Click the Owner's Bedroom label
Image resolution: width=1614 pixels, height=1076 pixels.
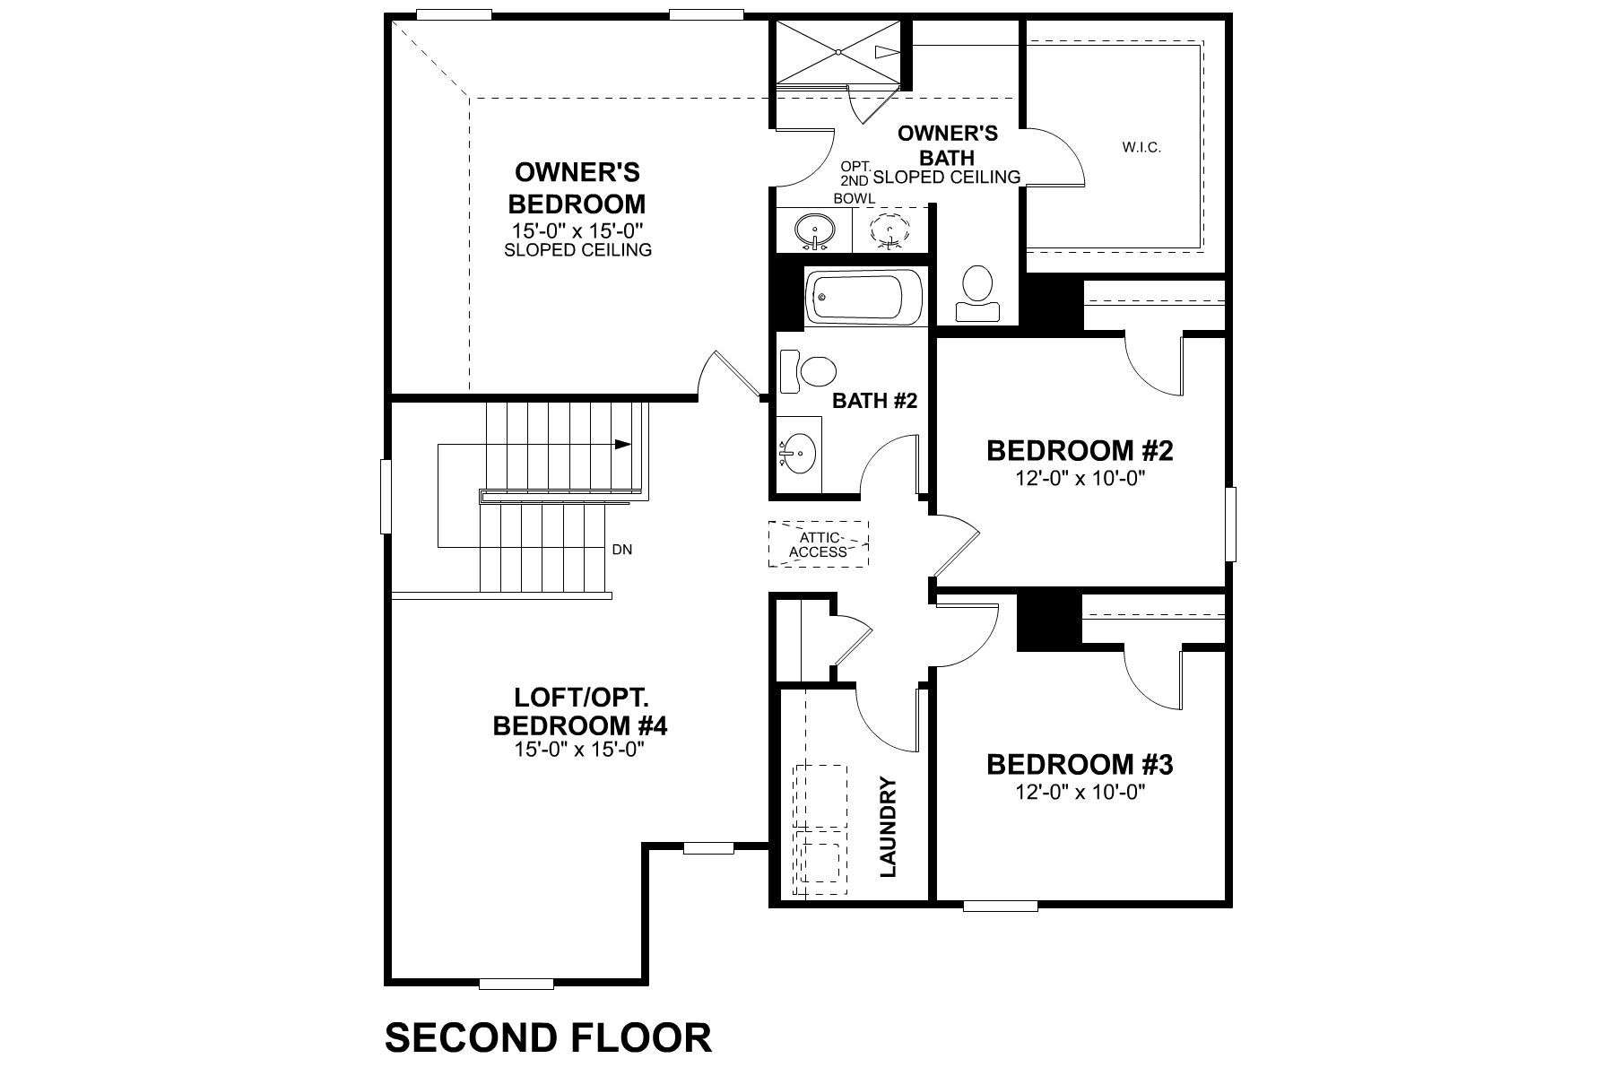click(x=577, y=187)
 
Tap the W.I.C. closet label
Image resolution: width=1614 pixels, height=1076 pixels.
click(x=1141, y=147)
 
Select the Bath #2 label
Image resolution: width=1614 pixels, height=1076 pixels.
click(x=874, y=401)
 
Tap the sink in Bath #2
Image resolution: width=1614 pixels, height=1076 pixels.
click(x=797, y=454)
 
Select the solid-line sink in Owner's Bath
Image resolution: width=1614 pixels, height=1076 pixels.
click(x=814, y=230)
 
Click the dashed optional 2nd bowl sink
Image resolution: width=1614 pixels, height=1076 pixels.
click(x=889, y=230)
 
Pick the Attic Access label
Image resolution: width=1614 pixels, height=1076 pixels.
click(x=819, y=544)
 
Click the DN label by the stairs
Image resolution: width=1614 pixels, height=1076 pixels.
click(x=622, y=550)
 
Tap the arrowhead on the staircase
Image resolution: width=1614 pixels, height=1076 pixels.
click(x=624, y=444)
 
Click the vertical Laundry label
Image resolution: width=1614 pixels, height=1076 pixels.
click(x=889, y=826)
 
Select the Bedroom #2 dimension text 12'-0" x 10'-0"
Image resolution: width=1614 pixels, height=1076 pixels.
click(x=1080, y=479)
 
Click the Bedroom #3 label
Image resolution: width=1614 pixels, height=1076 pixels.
click(x=1080, y=765)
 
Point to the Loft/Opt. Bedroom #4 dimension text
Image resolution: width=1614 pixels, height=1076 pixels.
click(x=579, y=750)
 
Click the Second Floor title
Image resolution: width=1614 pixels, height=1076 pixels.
click(x=548, y=1037)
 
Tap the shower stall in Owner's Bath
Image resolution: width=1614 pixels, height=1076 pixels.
click(x=836, y=53)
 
